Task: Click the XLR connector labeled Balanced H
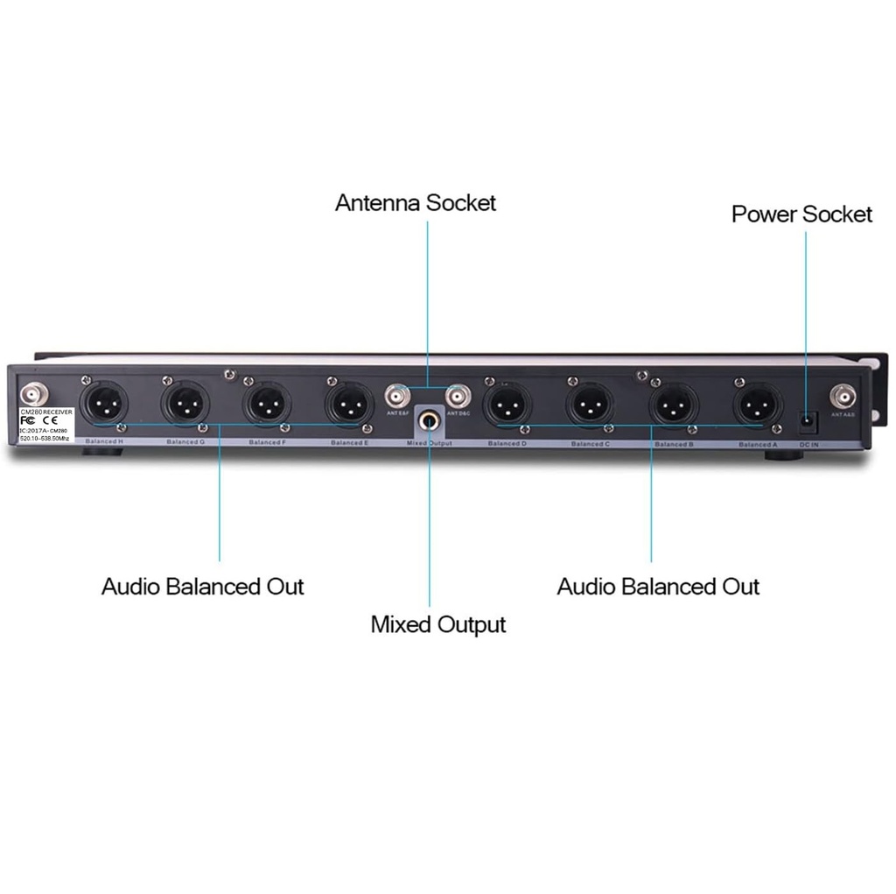point(104,404)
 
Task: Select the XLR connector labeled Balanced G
point(185,404)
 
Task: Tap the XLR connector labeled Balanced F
point(266,404)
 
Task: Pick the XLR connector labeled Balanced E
point(348,404)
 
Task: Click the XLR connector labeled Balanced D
point(507,404)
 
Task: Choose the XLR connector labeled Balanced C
point(589,404)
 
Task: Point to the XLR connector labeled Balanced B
point(672,404)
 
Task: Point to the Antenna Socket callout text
point(416,203)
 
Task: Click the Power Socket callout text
point(801,215)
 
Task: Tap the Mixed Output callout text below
point(438,625)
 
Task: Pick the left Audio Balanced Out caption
point(202,586)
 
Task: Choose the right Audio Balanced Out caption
point(658,586)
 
